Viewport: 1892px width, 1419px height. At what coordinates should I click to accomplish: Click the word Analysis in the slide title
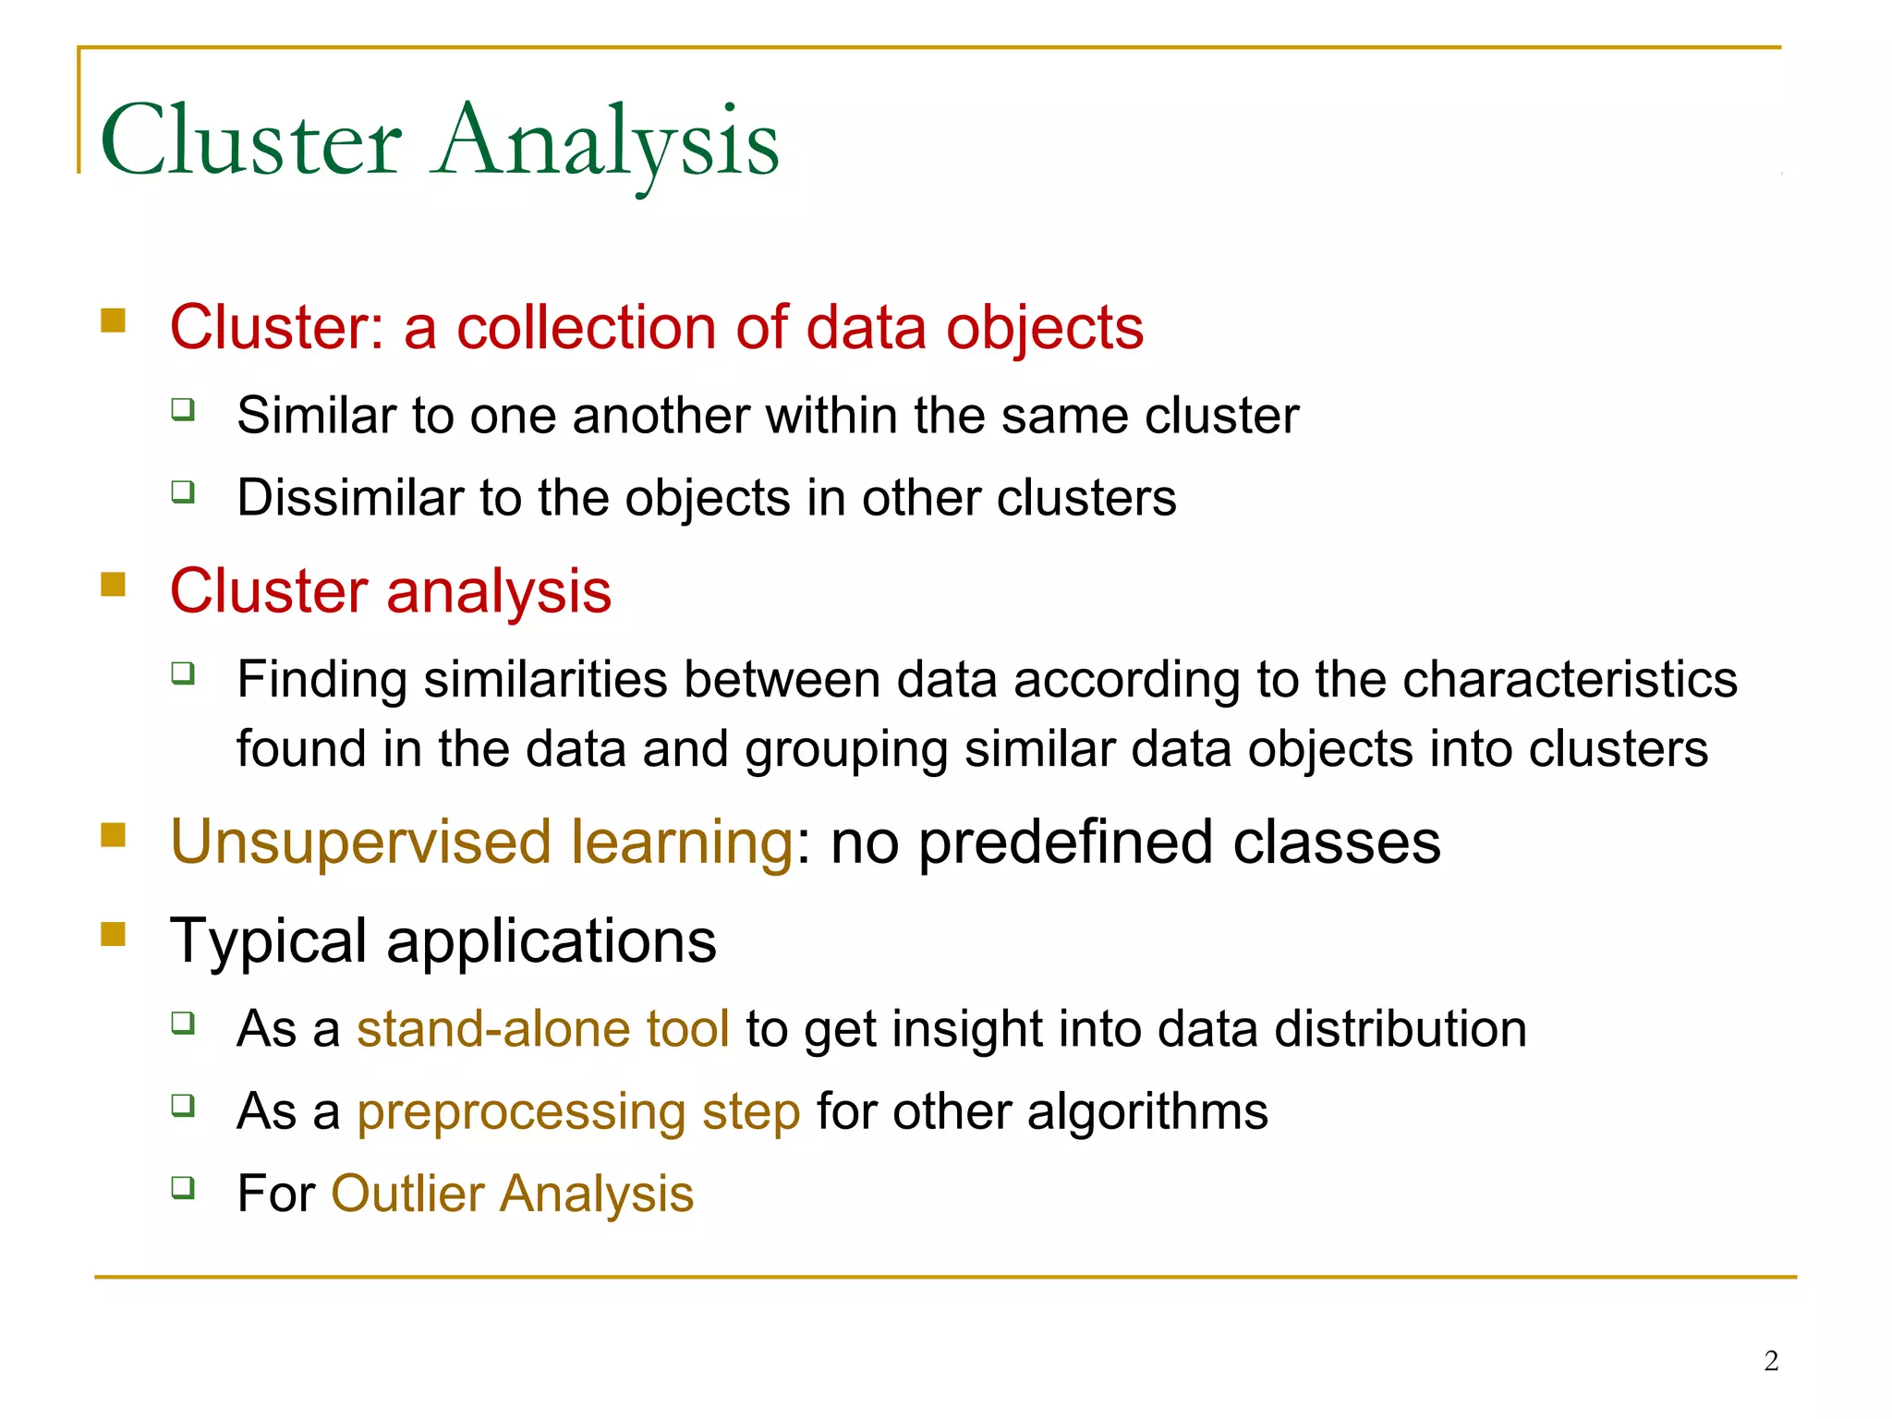607,141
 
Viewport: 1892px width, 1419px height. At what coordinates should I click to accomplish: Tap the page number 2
1771,1361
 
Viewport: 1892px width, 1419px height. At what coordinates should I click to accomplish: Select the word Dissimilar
350,498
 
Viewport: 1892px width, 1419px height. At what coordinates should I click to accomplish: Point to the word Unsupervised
361,843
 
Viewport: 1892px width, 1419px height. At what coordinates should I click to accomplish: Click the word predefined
1065,843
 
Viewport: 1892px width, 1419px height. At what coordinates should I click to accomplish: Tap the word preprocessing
521,1111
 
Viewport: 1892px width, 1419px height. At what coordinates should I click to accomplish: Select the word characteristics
1570,680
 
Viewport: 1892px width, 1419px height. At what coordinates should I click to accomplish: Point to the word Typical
269,941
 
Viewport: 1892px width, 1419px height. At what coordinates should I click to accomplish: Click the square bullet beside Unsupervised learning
113,835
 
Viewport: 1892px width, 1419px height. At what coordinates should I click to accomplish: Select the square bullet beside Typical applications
113,934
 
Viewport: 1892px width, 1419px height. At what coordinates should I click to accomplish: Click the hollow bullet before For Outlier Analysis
183,1186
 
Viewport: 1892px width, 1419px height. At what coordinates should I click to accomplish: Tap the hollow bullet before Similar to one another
183,408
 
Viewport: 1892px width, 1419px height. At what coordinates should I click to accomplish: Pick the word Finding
322,680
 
